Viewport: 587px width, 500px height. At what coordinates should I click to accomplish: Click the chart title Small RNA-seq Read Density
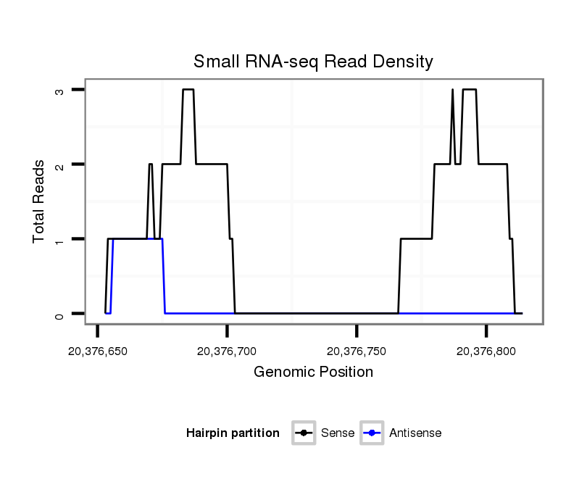313,62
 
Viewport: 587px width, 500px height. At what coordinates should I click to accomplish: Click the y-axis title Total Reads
39,201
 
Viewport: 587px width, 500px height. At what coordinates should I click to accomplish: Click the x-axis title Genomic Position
313,372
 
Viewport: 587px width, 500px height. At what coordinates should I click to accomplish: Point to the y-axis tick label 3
61,90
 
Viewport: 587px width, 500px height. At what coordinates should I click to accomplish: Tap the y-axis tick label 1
61,239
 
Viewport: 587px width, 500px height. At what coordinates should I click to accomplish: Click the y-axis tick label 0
61,314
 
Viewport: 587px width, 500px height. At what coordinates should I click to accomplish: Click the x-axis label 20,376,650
97,351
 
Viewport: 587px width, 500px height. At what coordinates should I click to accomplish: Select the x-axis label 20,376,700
227,351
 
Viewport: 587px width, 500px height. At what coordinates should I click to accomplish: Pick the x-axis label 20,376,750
357,351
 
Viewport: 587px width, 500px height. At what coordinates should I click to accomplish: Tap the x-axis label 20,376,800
486,351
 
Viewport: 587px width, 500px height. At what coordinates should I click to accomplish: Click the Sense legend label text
337,433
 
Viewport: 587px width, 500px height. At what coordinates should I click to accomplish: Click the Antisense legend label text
415,433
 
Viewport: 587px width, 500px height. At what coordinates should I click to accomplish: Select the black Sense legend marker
304,433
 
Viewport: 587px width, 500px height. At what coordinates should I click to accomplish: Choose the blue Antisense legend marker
372,433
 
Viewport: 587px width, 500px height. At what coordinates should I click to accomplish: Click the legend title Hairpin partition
233,433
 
